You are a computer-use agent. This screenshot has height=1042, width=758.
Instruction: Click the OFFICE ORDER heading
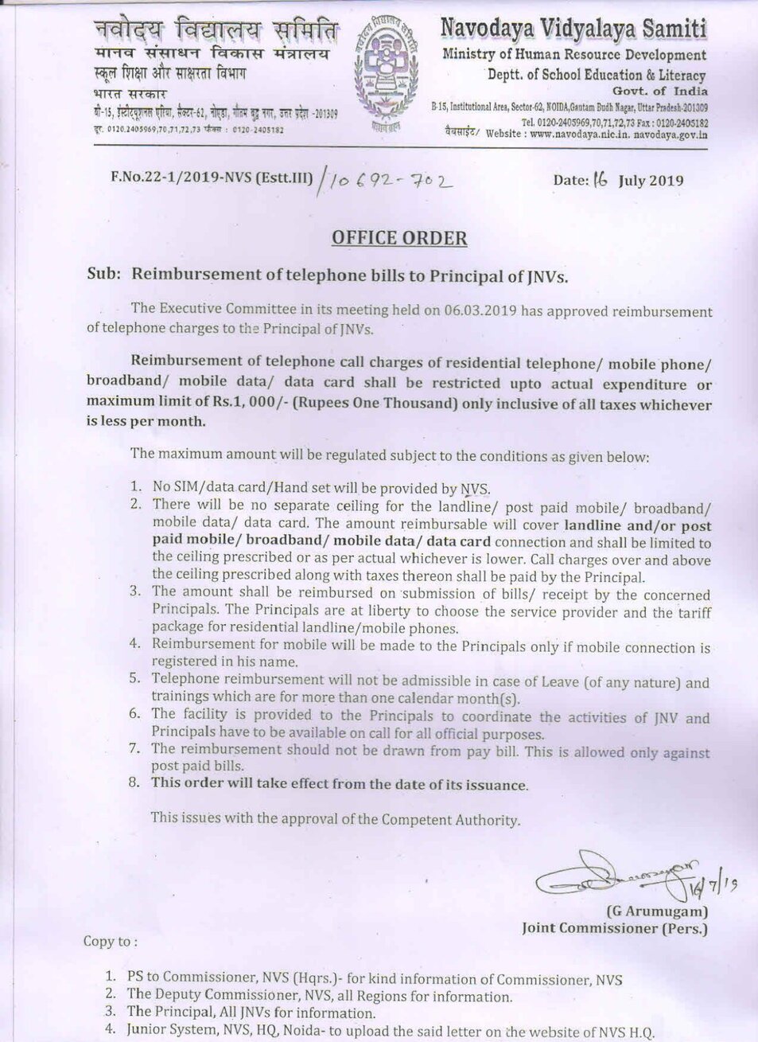pyautogui.click(x=398, y=238)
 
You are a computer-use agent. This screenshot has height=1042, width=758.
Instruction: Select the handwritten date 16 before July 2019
pyautogui.click(x=599, y=179)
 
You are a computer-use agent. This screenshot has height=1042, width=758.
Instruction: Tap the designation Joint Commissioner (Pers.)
pyautogui.click(x=614, y=928)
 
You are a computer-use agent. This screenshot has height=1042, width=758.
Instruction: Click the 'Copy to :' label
pyautogui.click(x=110, y=942)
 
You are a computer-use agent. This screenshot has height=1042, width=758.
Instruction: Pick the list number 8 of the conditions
pyautogui.click(x=136, y=783)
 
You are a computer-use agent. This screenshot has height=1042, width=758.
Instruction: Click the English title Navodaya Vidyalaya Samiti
pyautogui.click(x=573, y=29)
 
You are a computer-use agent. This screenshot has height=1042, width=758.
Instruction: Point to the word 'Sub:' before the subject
pyautogui.click(x=103, y=275)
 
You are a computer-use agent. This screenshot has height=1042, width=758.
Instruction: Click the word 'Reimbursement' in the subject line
pyautogui.click(x=189, y=275)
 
